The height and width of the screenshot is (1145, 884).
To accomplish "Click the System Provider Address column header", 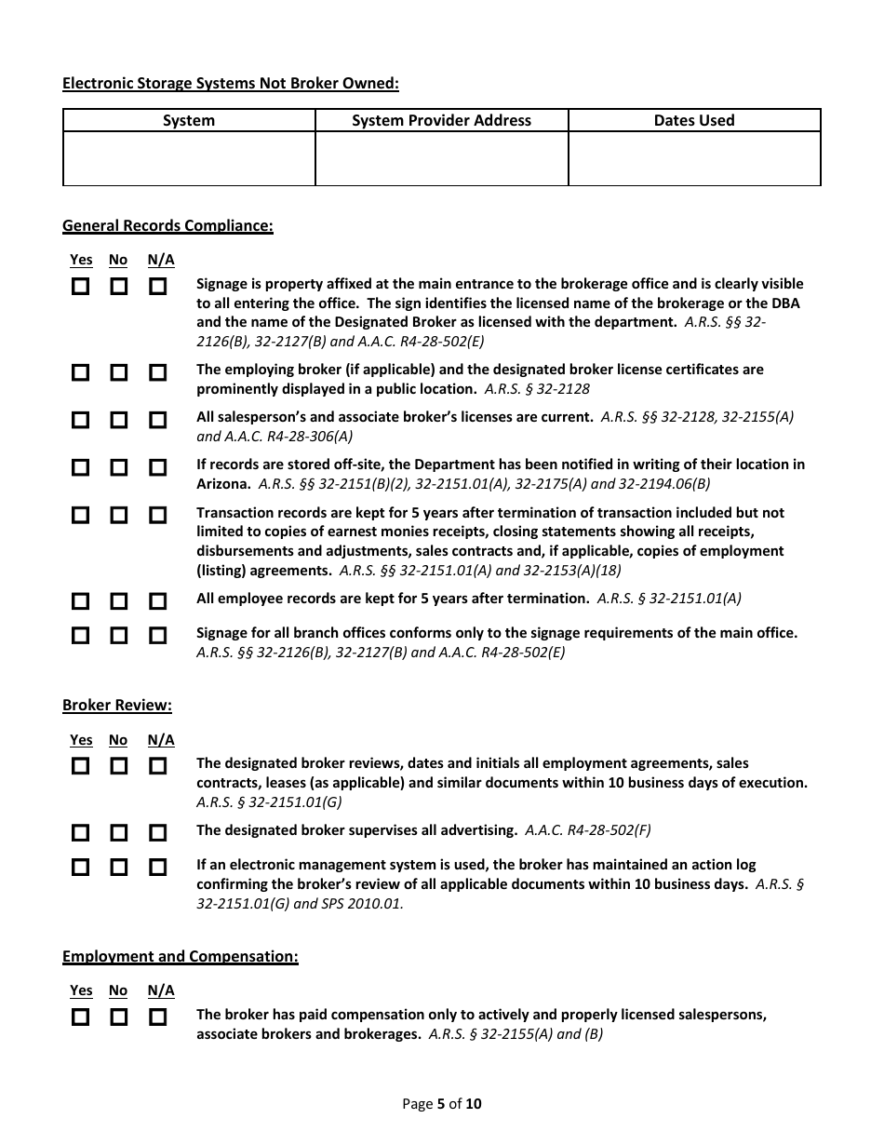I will pos(441,120).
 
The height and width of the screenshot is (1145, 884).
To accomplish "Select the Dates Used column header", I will pos(694,120).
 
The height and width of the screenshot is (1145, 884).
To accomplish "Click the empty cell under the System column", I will pos(189,158).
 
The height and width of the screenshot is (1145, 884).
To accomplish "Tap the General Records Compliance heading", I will pos(167,225).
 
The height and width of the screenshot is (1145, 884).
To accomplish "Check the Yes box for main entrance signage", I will pos(81,287).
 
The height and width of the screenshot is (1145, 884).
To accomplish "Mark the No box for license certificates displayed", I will pos(118,372).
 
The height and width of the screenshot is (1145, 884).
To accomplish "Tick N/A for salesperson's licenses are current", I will pos(158,420).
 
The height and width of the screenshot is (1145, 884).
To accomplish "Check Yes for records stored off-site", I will pos(81,467).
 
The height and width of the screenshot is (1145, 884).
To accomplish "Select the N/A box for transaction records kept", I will pos(158,515).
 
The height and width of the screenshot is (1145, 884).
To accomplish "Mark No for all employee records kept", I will pos(118,600).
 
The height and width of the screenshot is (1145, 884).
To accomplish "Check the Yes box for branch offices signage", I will pos(81,635).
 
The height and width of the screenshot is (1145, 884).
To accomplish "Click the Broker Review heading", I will pos(117,705).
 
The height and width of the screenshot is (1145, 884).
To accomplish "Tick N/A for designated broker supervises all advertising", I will pos(158,832).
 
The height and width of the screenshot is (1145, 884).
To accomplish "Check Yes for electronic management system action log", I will pos(81,867).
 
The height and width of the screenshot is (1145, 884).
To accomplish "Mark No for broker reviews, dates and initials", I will pos(118,766).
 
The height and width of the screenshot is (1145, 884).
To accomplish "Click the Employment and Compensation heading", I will pos(181,956).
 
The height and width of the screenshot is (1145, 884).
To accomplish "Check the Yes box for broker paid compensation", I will pos(81,1017).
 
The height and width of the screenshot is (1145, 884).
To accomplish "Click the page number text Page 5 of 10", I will pos(442,1104).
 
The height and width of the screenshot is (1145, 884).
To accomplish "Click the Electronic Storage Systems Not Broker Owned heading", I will pos(230,84).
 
